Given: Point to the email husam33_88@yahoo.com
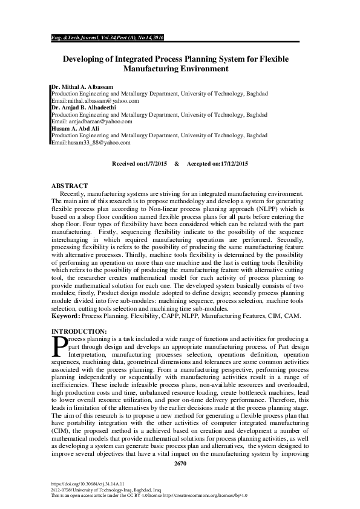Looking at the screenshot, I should (97, 141).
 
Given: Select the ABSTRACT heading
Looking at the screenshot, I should (70, 186).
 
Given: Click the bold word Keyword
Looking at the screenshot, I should (65, 316).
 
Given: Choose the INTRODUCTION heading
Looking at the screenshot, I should (79, 331).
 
